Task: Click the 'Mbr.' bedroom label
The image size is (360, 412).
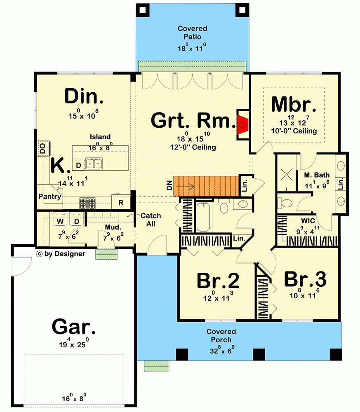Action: tap(294, 105)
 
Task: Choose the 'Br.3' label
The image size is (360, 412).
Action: tap(305, 279)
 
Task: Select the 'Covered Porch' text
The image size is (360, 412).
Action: tap(221, 336)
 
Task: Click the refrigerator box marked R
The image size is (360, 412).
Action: tap(121, 203)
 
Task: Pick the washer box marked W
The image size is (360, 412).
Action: tap(60, 222)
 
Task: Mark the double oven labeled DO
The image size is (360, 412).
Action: tap(42, 148)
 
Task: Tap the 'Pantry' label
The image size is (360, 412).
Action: tap(49, 197)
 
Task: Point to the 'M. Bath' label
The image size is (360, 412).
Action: tap(315, 176)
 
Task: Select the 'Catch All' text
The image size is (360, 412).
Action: tap(151, 220)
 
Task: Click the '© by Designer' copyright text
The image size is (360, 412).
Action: tap(61, 254)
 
